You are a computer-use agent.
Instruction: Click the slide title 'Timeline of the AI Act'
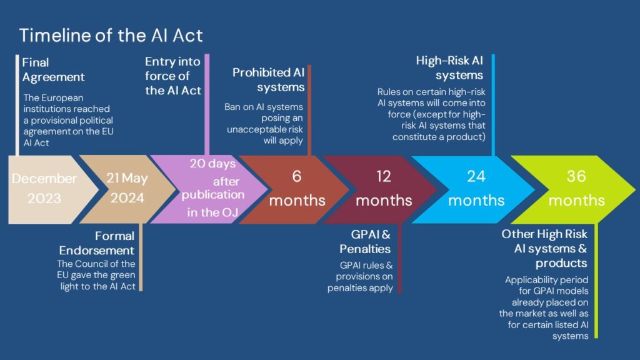pos(111,35)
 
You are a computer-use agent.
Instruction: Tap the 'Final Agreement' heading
pos(53,70)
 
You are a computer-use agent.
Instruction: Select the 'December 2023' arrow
pos(44,189)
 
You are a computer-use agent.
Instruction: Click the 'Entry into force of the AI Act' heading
pos(173,76)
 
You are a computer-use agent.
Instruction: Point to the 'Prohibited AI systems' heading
pos(269,80)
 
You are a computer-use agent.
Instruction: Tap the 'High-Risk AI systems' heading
pos(450,68)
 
